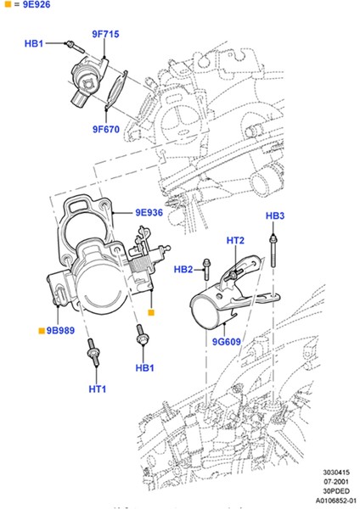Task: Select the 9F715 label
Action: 105,35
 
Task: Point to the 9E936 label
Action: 149,213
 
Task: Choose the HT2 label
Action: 235,242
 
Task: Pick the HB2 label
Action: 183,270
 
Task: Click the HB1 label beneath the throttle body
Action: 144,368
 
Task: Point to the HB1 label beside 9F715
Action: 35,42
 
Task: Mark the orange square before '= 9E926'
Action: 7,8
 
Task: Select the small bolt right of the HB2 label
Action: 205,269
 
